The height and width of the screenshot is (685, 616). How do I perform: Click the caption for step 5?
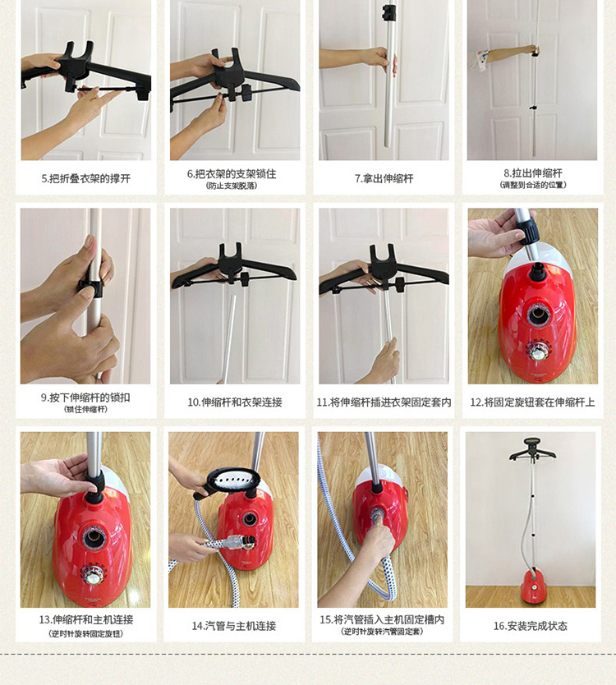(86, 179)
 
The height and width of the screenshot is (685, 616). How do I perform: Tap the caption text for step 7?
(384, 179)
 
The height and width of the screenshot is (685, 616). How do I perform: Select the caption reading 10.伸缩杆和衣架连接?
(235, 402)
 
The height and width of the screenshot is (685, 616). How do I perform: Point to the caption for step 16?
(531, 626)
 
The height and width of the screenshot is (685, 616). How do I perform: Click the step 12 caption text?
(532, 402)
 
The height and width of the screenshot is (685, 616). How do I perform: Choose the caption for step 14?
(234, 626)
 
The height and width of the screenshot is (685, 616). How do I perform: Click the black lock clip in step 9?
(90, 288)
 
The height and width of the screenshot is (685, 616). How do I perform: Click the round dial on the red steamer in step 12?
(540, 350)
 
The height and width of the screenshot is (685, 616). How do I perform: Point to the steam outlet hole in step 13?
(94, 537)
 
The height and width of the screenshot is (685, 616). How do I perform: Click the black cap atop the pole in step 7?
(388, 12)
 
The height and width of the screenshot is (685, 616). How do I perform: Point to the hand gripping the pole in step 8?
(532, 50)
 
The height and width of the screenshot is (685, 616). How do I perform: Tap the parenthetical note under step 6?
(232, 186)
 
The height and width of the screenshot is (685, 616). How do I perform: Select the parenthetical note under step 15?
(382, 631)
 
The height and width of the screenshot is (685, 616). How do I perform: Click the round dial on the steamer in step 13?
(93, 575)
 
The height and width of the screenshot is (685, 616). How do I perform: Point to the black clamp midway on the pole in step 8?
(532, 107)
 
